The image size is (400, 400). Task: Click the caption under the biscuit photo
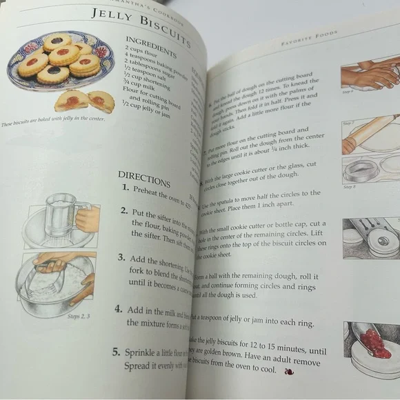coord(47,123)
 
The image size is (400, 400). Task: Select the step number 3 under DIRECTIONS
coord(120,258)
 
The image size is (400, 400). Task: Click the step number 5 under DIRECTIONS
coord(116,352)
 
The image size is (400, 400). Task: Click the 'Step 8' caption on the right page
coord(349,187)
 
